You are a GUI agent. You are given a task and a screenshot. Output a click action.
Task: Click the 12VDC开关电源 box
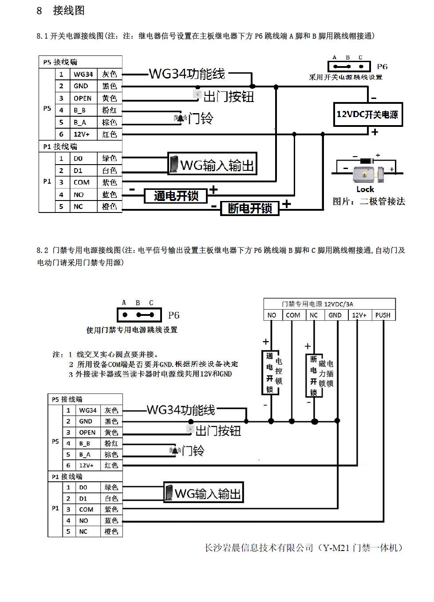pos(367,114)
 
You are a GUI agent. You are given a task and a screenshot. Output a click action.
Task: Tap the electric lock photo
pos(368,173)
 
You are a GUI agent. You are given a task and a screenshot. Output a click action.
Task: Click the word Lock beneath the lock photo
pos(365,189)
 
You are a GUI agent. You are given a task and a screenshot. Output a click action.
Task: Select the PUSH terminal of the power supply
pos(383,315)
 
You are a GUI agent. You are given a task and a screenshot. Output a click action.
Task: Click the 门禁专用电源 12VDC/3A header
pos(317,304)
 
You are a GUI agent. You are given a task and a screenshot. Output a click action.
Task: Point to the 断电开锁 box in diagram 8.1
pos(250,208)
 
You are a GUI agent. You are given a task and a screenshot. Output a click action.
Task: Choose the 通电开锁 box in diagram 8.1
pos(176,196)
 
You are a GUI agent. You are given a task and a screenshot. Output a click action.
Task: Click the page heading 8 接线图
pos(60,11)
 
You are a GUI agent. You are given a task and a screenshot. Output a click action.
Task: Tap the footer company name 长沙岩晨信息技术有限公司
pos(259,548)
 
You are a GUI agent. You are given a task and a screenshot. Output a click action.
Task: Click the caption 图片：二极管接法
pos(369,201)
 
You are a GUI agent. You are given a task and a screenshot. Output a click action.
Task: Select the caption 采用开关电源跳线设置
pos(345,77)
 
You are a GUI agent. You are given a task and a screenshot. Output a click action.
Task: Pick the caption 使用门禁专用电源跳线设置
pos(132,330)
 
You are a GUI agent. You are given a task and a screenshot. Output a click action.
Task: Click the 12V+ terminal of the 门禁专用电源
pos(359,315)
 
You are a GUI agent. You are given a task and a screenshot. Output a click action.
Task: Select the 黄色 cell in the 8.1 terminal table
pos(110,98)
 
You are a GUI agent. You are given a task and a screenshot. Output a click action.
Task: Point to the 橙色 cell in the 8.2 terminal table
pos(111,531)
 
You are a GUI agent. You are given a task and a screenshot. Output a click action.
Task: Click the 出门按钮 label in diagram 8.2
pos(218,430)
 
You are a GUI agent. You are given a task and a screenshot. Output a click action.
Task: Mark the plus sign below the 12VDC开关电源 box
pos(375,132)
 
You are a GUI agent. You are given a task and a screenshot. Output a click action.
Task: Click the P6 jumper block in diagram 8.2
pos(139,315)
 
